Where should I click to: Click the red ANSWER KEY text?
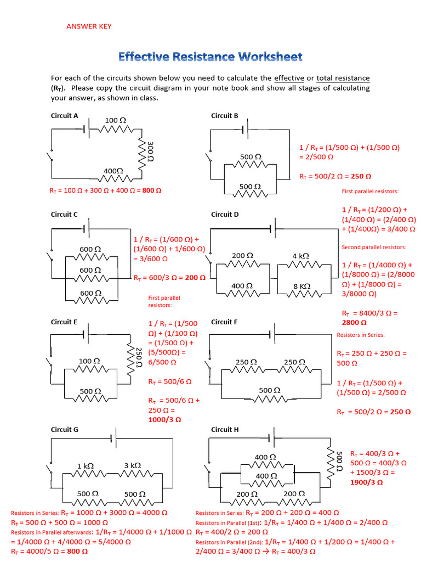coord(89,26)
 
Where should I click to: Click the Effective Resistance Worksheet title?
coord(210,57)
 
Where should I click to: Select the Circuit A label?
coord(65,116)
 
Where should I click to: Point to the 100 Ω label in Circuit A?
coord(116,120)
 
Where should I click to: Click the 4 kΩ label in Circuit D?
coord(301,256)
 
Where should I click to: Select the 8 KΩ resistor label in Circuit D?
coord(301,286)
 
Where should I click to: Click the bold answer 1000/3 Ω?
coord(165,419)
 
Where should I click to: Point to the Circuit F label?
coord(224,322)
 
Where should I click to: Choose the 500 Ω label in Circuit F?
coord(269,390)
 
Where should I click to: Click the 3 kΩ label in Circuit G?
coord(132,465)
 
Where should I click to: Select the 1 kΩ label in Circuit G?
coord(85,465)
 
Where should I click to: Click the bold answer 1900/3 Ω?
coord(366,482)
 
